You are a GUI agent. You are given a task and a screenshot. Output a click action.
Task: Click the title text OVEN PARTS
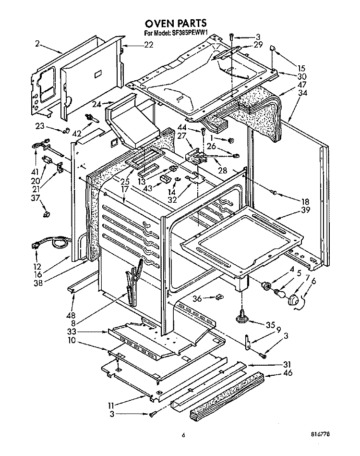pos(176,23)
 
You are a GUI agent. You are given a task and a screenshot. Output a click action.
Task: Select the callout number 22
pos(148,45)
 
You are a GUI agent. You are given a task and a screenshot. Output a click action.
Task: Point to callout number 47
pos(302,85)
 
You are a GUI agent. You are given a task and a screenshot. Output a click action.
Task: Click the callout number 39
pos(305,210)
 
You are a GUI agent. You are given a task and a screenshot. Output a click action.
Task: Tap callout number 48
pos(71,315)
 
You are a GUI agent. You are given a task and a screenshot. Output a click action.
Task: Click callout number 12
pos(37,266)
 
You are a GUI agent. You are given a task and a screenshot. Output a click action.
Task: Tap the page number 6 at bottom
pos(183,435)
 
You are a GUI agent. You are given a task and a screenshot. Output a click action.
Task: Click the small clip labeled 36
pos(219,297)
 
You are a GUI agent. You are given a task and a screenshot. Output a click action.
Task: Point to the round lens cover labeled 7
pos(293,299)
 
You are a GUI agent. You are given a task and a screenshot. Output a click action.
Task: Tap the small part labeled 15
pos(273,48)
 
